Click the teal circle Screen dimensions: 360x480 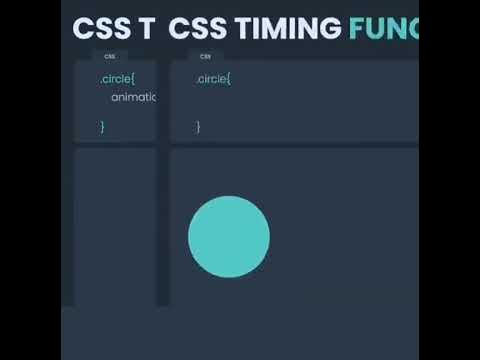pyautogui.click(x=229, y=237)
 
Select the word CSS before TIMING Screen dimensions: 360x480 pyautogui.click(x=196, y=29)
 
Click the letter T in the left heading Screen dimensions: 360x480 pyautogui.click(x=146, y=29)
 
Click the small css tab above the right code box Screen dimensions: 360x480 pyautogui.click(x=205, y=56)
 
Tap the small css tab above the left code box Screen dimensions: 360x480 pyautogui.click(x=109, y=56)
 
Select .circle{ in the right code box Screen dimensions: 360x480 pyautogui.click(x=214, y=78)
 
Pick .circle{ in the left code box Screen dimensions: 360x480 pyautogui.click(x=118, y=78)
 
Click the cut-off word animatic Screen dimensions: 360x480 pyautogui.click(x=133, y=97)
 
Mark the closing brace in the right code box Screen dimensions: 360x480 pyautogui.click(x=198, y=126)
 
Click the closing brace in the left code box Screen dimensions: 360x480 pyautogui.click(x=102, y=126)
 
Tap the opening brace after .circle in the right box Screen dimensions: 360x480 pyautogui.click(x=229, y=78)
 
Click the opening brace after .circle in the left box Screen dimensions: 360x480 pyautogui.click(x=133, y=78)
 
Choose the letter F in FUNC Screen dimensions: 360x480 pyautogui.click(x=357, y=29)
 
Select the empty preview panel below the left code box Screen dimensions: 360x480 pyautogui.click(x=115, y=225)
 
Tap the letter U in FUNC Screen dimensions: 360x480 pyautogui.click(x=375, y=29)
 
